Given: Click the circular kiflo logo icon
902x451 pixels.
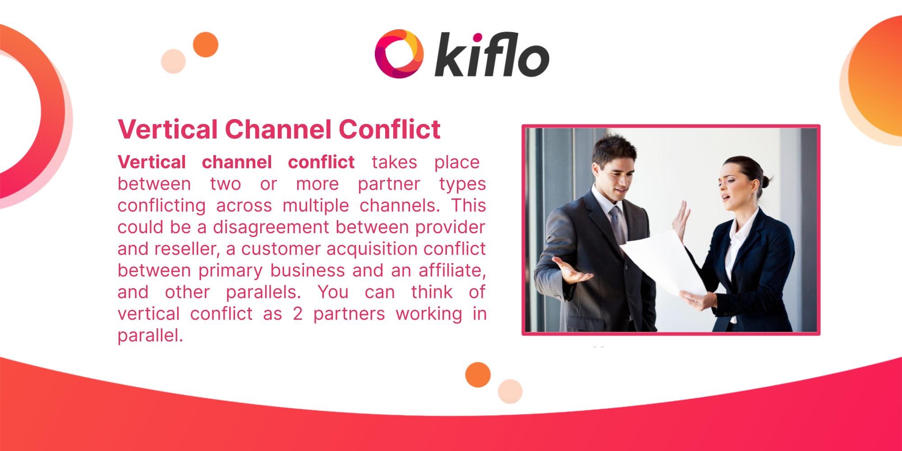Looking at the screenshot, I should coord(399,54).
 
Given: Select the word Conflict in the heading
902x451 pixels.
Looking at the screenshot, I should coord(389,129).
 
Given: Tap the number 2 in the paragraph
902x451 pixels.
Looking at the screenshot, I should coord(297,314).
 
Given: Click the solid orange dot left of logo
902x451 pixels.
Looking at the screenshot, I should coord(206,45).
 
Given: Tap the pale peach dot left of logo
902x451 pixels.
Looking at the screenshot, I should coord(174,61).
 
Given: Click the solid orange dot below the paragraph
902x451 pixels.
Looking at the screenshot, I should coord(478,375).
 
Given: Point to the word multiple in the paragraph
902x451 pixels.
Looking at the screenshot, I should coord(316,206).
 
